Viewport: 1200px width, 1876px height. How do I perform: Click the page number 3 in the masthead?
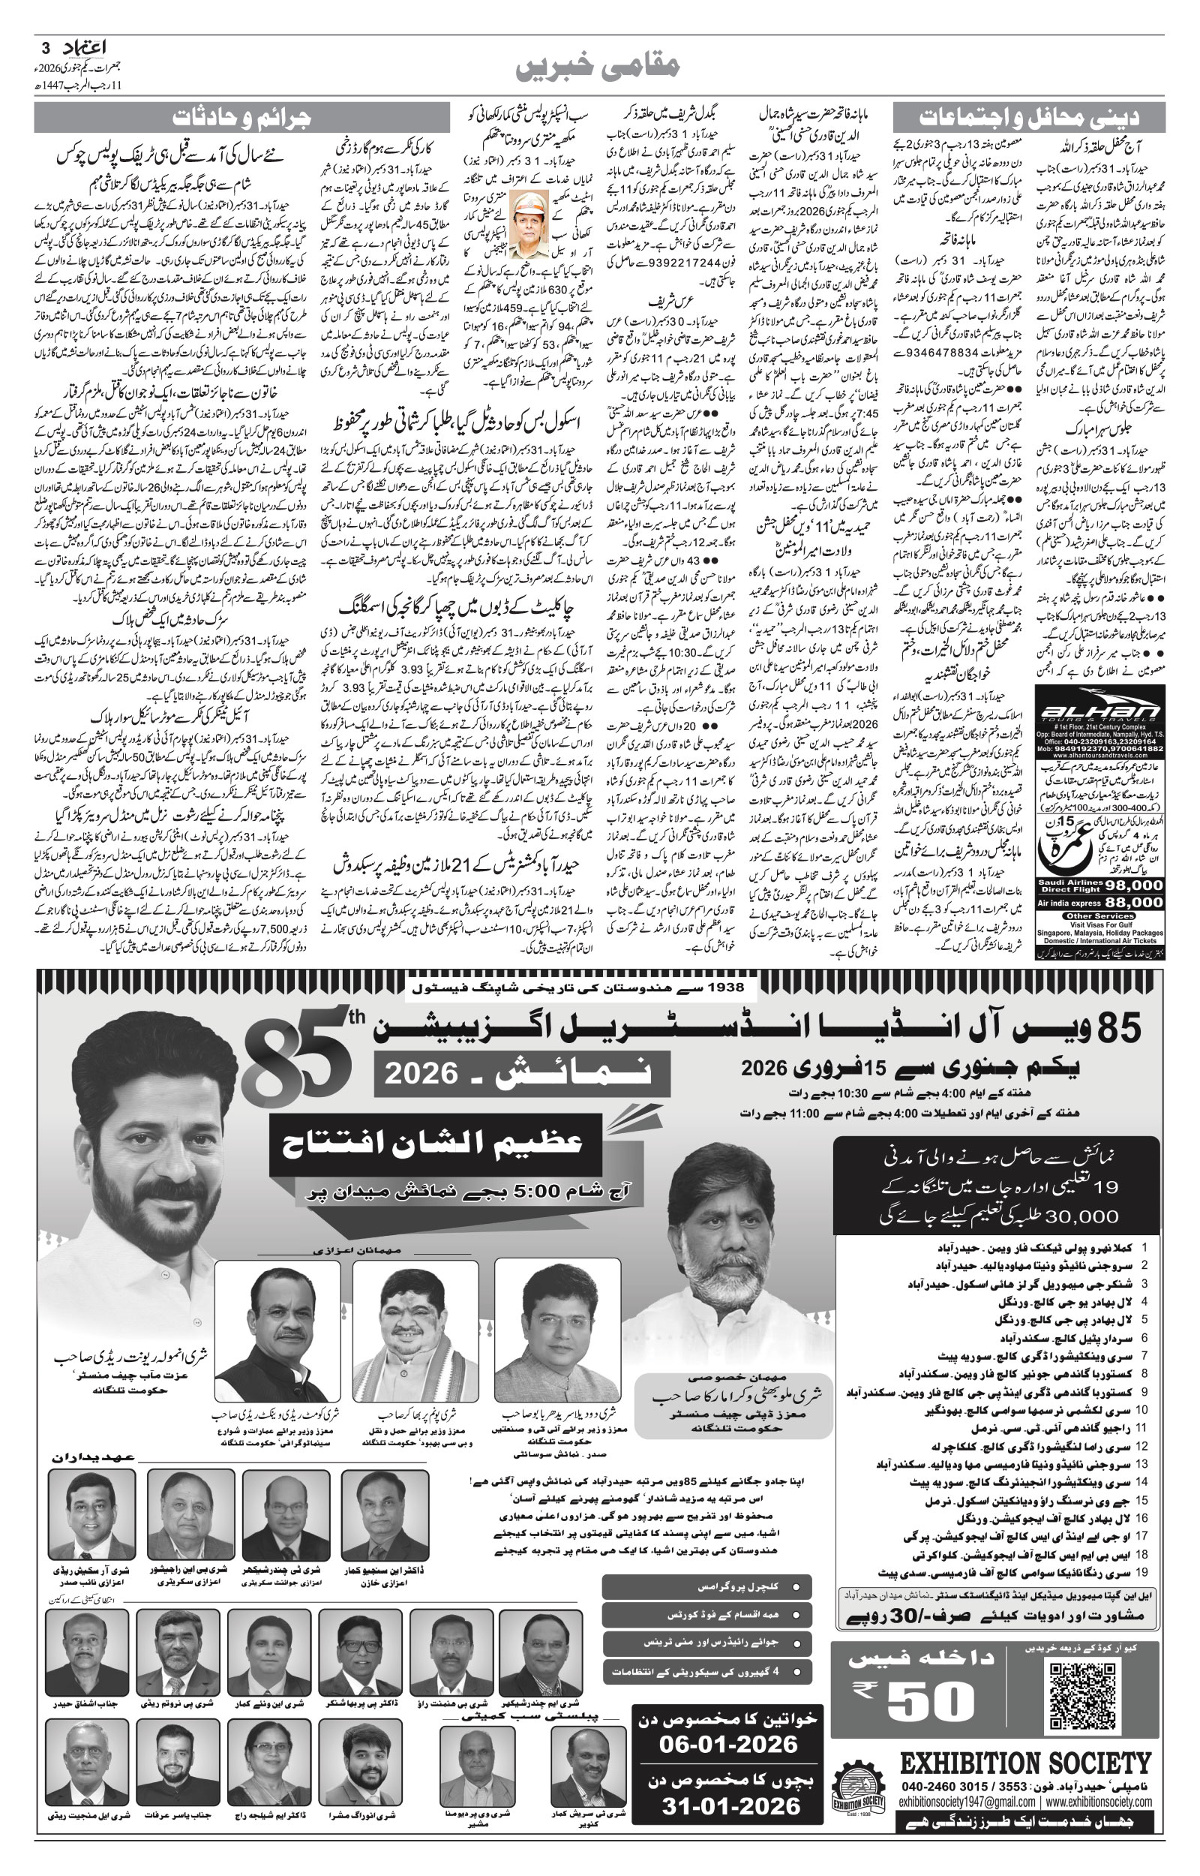(46, 47)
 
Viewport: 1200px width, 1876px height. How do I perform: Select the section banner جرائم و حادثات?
(241, 118)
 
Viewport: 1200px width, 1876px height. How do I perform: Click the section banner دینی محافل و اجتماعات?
(1028, 118)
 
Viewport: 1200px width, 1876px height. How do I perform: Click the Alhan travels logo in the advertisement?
(1100, 711)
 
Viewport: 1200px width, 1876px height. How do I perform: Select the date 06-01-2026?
(727, 1744)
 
